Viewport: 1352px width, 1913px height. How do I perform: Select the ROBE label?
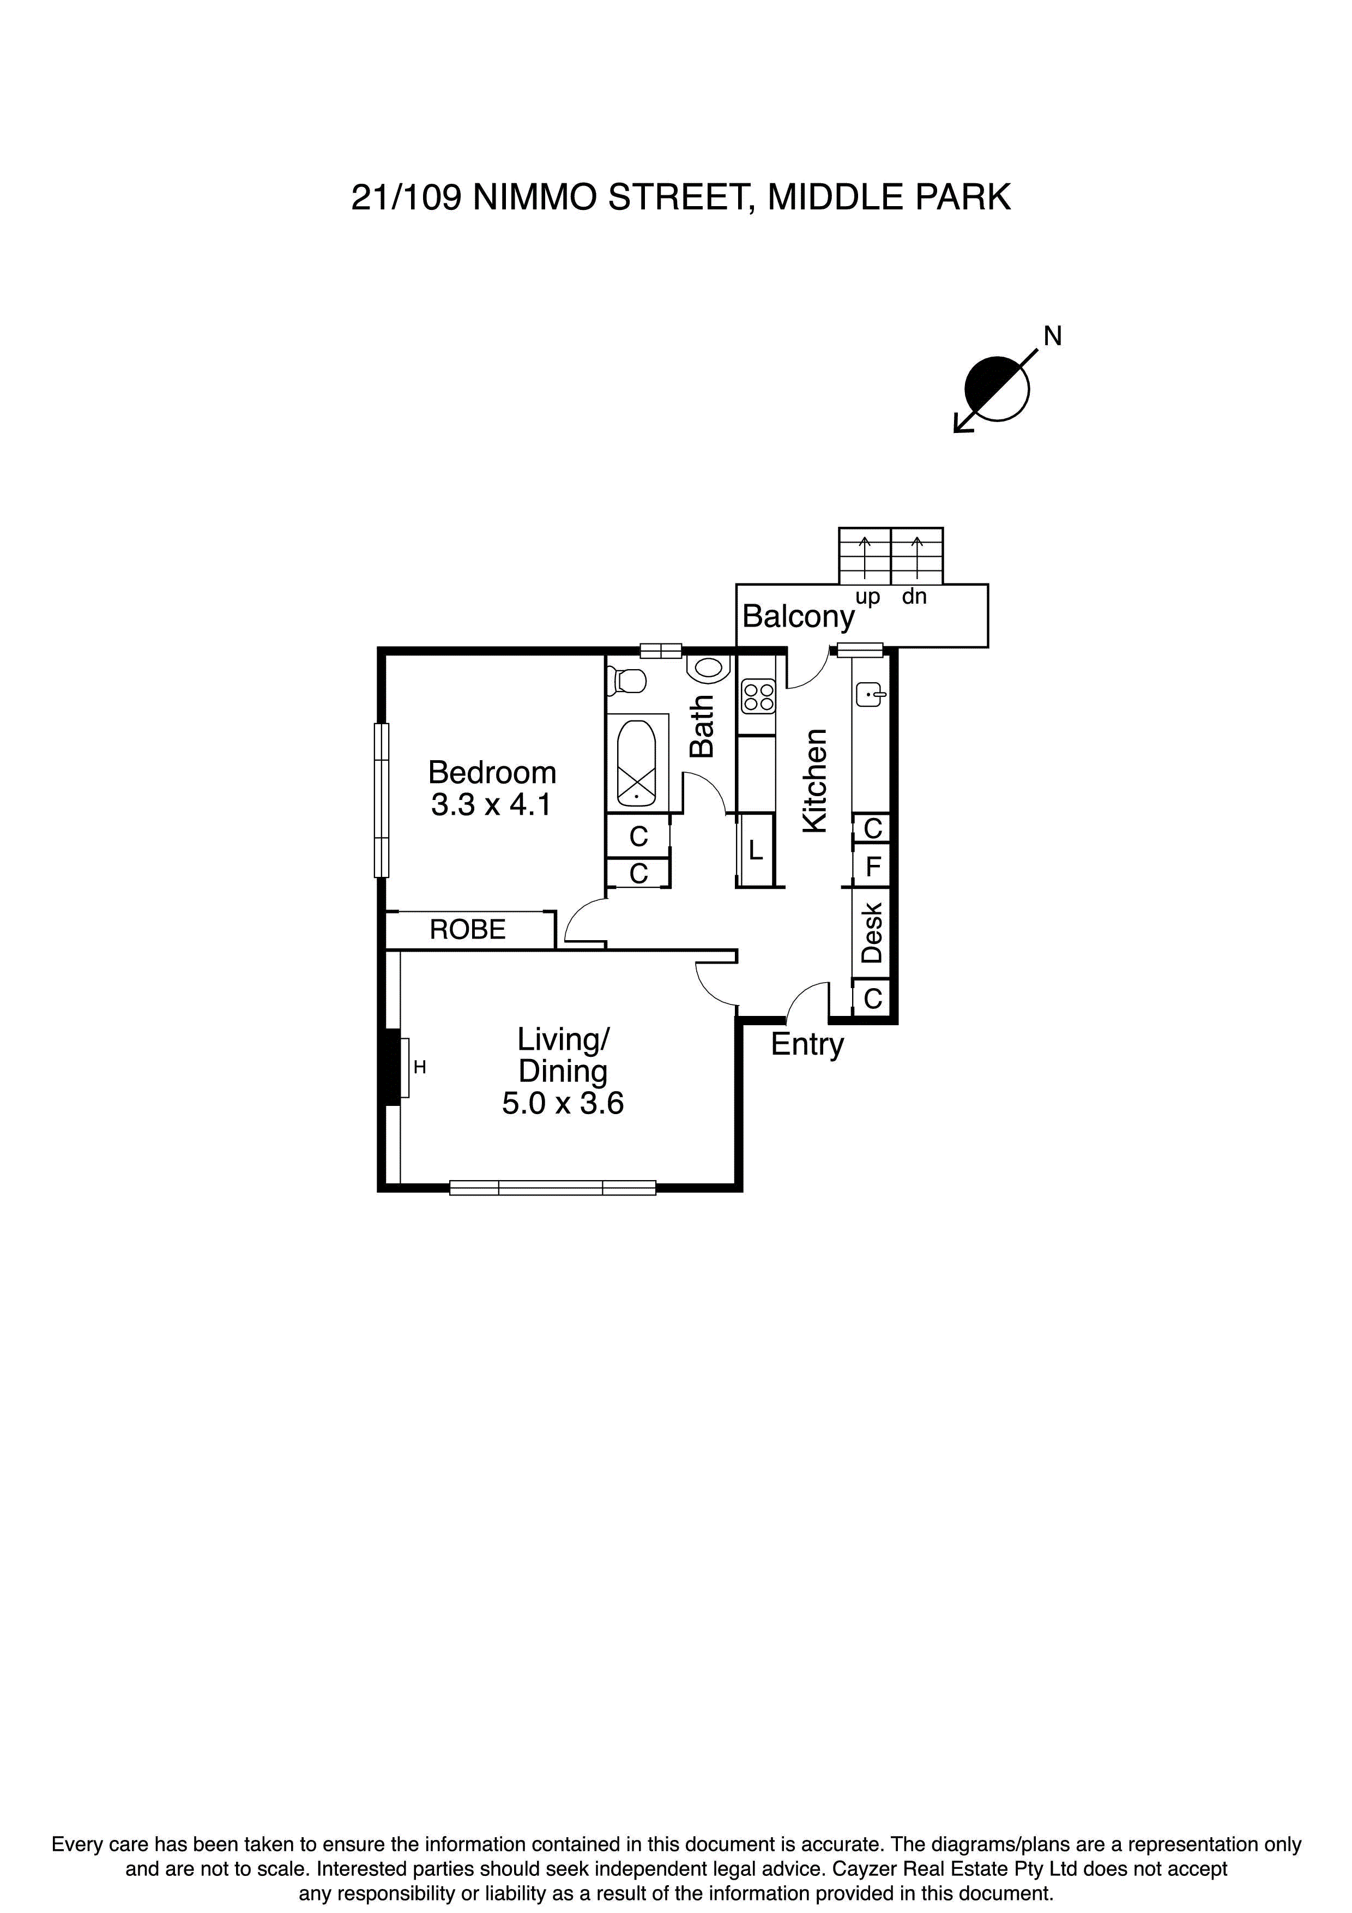pos(467,929)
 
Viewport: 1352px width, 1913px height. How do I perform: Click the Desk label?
pos(871,933)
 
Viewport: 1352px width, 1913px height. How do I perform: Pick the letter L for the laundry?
pos(756,851)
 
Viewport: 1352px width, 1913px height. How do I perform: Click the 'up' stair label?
pos(867,597)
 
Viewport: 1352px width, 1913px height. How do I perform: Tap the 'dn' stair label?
pos(915,597)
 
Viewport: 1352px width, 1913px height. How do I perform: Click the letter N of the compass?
pos(1053,336)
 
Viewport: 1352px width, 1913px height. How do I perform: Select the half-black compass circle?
pos(997,388)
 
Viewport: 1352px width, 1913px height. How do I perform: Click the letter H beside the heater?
pos(420,1067)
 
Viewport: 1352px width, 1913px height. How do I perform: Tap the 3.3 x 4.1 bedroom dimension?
pos(492,805)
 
